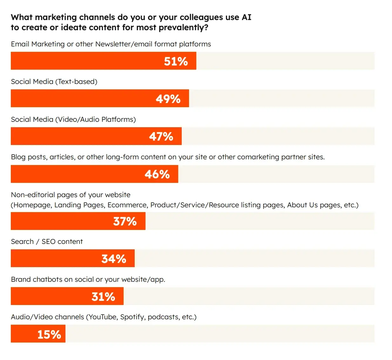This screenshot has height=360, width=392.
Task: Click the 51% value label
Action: (176, 61)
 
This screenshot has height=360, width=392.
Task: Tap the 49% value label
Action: (168, 99)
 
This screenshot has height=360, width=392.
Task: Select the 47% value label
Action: (161, 136)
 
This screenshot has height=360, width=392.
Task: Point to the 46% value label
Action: (157, 174)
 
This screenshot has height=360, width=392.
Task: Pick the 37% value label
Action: (125, 221)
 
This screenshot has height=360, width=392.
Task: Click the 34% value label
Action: (114, 259)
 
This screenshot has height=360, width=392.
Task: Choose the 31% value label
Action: (103, 296)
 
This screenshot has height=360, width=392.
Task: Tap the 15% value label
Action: (49, 334)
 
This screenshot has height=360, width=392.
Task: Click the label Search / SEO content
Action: (47, 241)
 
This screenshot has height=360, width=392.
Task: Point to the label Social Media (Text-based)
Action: (54, 81)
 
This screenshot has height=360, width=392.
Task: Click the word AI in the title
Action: (246, 17)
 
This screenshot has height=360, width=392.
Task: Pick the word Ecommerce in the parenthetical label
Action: (127, 205)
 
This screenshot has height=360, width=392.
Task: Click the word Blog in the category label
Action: (18, 157)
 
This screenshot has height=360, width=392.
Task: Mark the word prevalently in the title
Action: (183, 27)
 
